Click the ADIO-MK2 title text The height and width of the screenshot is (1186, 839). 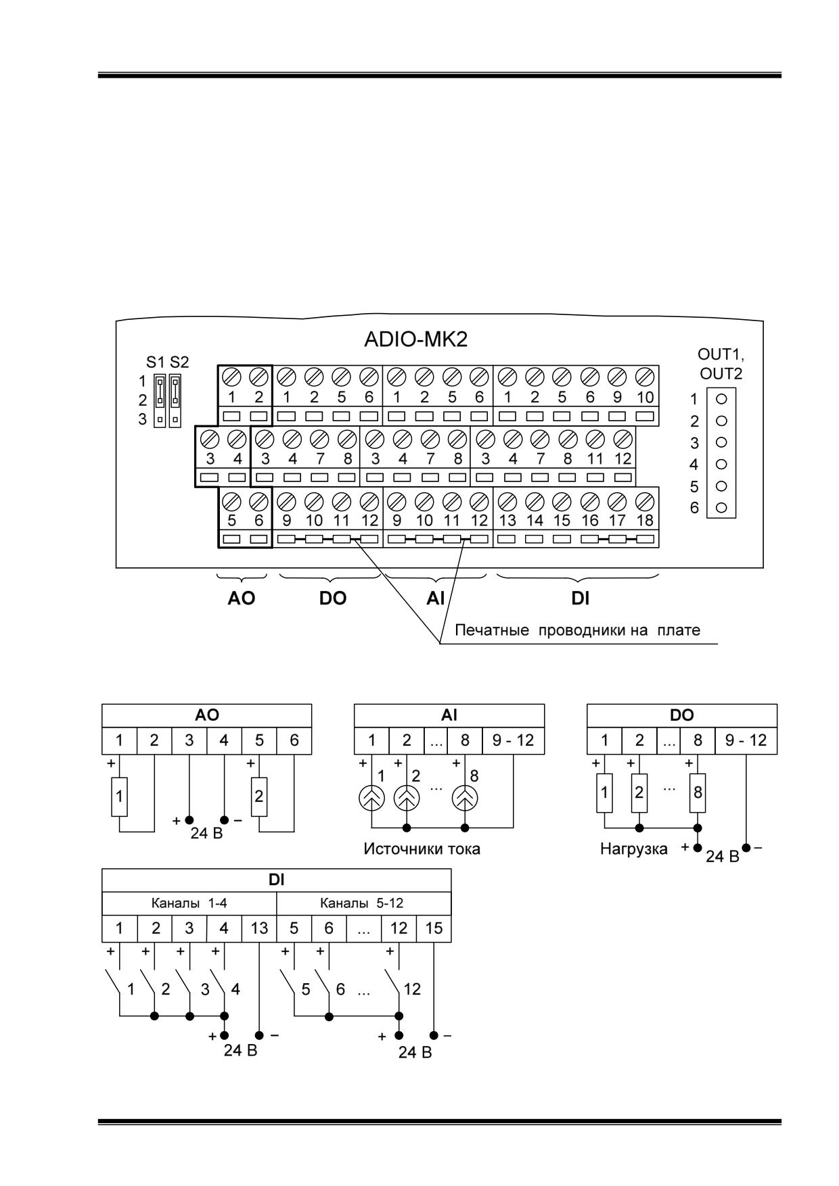pos(415,339)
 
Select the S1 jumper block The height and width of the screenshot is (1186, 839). pos(160,400)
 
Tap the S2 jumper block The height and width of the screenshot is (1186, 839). pos(175,400)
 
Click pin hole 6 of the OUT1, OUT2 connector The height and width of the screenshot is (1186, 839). pos(721,507)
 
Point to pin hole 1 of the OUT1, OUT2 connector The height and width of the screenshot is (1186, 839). pos(721,399)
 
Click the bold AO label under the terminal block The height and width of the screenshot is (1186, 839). pos(242,598)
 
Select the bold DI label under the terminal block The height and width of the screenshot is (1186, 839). pos(580,598)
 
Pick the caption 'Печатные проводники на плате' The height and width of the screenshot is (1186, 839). pos(577,630)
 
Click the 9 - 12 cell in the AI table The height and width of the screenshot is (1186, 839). pos(513,740)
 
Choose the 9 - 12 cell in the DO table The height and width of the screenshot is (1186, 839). pos(746,740)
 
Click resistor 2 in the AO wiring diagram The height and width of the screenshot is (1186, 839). pos(258,796)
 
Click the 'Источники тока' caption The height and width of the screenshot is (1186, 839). pos(422,849)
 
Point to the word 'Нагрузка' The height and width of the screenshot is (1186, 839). pos(633,849)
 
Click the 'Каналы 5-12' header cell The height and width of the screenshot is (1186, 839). pos(363,903)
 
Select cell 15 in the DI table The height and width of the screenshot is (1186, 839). pos(434,928)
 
